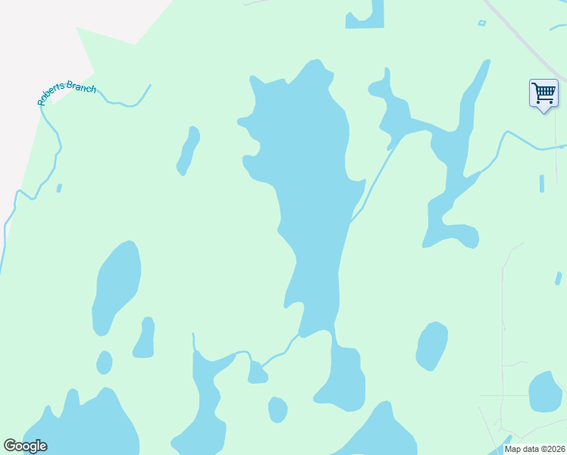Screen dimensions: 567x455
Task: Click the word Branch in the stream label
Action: (x=82, y=87)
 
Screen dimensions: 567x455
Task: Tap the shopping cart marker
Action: (x=544, y=93)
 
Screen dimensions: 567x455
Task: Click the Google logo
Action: (x=25, y=446)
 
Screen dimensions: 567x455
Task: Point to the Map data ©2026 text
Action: (x=534, y=449)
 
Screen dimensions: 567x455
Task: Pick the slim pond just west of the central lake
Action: (x=188, y=150)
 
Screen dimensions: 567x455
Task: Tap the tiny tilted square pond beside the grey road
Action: (x=481, y=24)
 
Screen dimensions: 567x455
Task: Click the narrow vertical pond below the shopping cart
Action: (x=541, y=184)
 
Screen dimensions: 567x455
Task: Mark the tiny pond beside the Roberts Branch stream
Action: (x=59, y=188)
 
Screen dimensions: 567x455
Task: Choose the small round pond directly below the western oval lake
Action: (x=105, y=362)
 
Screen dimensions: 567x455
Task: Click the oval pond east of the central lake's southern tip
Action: (x=432, y=346)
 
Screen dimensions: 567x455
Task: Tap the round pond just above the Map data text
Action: (x=544, y=391)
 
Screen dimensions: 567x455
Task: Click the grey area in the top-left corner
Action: (x=38, y=38)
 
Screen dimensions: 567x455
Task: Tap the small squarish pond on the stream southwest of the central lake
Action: (x=257, y=373)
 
